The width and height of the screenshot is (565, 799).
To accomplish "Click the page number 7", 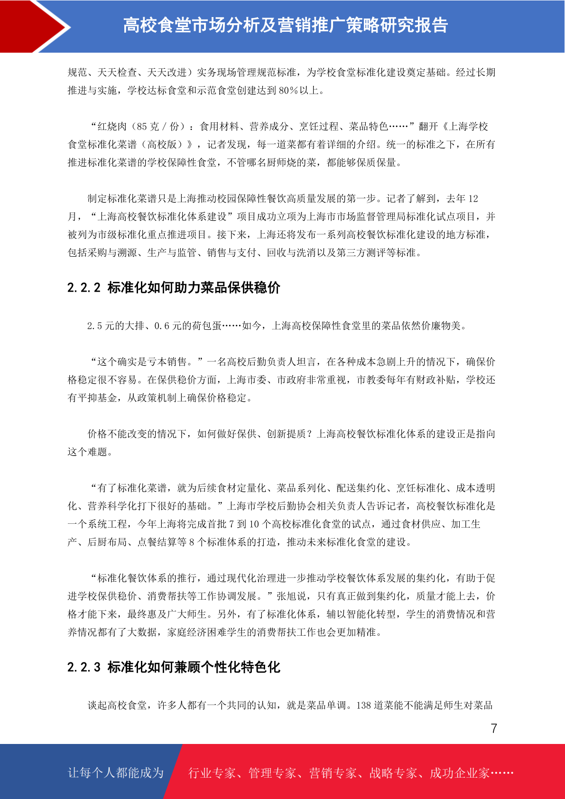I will tap(494, 728).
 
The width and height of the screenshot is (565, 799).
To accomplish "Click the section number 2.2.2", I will tap(84, 288).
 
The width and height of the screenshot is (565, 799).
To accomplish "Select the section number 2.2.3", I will tap(84, 667).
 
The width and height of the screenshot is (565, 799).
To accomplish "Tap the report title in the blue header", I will tap(286, 25).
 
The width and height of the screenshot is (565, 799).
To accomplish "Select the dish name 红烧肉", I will tap(112, 126).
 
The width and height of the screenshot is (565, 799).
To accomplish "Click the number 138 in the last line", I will tap(364, 705).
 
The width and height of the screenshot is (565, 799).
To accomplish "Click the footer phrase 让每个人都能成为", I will tap(116, 772).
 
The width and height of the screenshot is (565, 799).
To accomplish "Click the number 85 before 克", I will tap(142, 126).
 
